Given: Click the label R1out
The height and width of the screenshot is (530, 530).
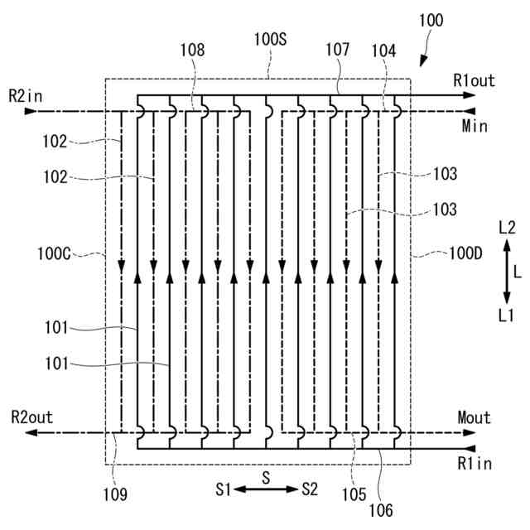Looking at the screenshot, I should click(474, 80).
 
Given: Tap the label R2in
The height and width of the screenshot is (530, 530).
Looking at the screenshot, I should click(26, 96).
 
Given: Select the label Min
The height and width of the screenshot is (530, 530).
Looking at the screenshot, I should click(475, 126).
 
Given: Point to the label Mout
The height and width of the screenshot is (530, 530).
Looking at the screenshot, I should click(474, 417).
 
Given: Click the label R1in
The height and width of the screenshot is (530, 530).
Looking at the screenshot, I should click(474, 464).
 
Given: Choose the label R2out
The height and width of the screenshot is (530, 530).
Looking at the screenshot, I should click(31, 417).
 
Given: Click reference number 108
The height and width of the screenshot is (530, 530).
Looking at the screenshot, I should click(193, 50).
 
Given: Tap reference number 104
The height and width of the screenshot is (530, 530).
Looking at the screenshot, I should click(383, 51).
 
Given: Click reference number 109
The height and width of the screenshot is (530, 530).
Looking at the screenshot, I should click(116, 495).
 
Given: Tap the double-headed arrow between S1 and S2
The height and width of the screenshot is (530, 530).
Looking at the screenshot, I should click(265, 489).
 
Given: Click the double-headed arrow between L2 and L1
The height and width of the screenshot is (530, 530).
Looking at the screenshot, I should click(507, 271).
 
